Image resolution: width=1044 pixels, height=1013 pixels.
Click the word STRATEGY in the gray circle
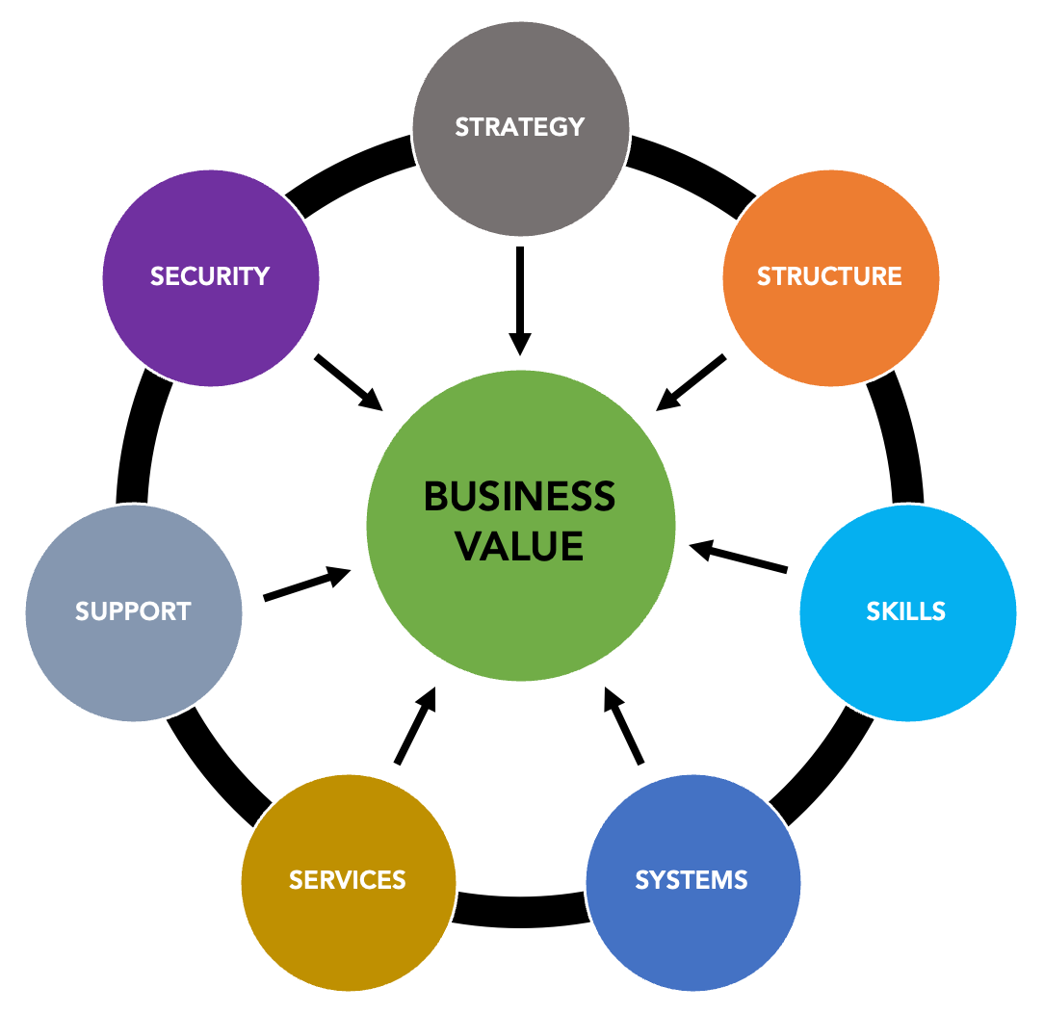click(520, 127)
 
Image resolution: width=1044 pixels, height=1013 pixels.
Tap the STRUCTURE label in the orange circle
click(829, 276)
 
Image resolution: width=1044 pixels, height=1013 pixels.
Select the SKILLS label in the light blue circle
click(905, 610)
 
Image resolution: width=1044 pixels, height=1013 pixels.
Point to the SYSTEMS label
click(692, 879)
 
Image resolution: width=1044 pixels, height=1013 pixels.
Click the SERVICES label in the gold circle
click(348, 879)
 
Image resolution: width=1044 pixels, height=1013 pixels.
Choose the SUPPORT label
click(133, 610)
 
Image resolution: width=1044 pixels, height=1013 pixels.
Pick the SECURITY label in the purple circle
click(210, 276)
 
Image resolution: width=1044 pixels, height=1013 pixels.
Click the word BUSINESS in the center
click(519, 497)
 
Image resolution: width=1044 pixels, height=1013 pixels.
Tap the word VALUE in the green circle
click(519, 546)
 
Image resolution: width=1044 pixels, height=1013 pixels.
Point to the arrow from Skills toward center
click(739, 558)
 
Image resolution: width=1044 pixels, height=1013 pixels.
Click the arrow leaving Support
click(306, 584)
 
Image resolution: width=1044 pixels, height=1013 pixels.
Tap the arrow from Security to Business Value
click(348, 380)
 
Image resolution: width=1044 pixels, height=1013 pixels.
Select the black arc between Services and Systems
click(520, 910)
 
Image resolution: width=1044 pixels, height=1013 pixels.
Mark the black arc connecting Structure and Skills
click(900, 438)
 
